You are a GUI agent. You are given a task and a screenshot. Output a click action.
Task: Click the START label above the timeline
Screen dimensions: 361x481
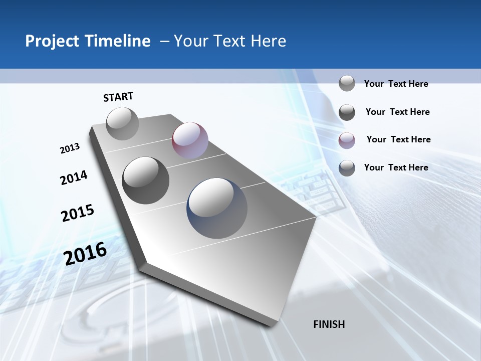tap(118, 97)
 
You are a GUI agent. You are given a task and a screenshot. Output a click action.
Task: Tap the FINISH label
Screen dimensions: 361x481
tap(329, 324)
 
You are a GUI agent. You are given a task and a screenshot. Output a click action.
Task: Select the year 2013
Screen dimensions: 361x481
tap(70, 148)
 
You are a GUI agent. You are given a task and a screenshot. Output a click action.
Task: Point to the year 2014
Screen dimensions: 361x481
tap(74, 178)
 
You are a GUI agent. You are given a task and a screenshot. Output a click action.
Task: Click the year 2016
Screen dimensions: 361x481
tap(85, 254)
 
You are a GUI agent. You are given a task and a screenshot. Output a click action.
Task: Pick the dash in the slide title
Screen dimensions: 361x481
tap(164, 41)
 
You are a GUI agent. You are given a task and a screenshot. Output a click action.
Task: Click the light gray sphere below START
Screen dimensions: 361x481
tap(122, 123)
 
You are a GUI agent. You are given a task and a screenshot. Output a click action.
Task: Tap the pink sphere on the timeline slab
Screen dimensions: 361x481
tap(190, 140)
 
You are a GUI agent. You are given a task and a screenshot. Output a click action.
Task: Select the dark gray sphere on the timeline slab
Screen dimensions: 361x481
tap(146, 180)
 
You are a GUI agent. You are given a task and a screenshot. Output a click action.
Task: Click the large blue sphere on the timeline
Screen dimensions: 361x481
tap(217, 208)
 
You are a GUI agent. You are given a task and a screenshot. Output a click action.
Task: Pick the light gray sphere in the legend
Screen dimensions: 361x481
tap(347, 83)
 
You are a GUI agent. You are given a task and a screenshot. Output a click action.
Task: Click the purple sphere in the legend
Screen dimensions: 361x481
tap(347, 140)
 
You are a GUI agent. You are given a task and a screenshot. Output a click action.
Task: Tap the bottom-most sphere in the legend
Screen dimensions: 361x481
tap(347, 168)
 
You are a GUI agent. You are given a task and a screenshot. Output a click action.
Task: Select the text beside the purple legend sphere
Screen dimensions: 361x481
tap(398, 139)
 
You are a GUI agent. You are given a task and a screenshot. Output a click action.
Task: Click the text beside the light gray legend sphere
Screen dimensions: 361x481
tap(396, 84)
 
